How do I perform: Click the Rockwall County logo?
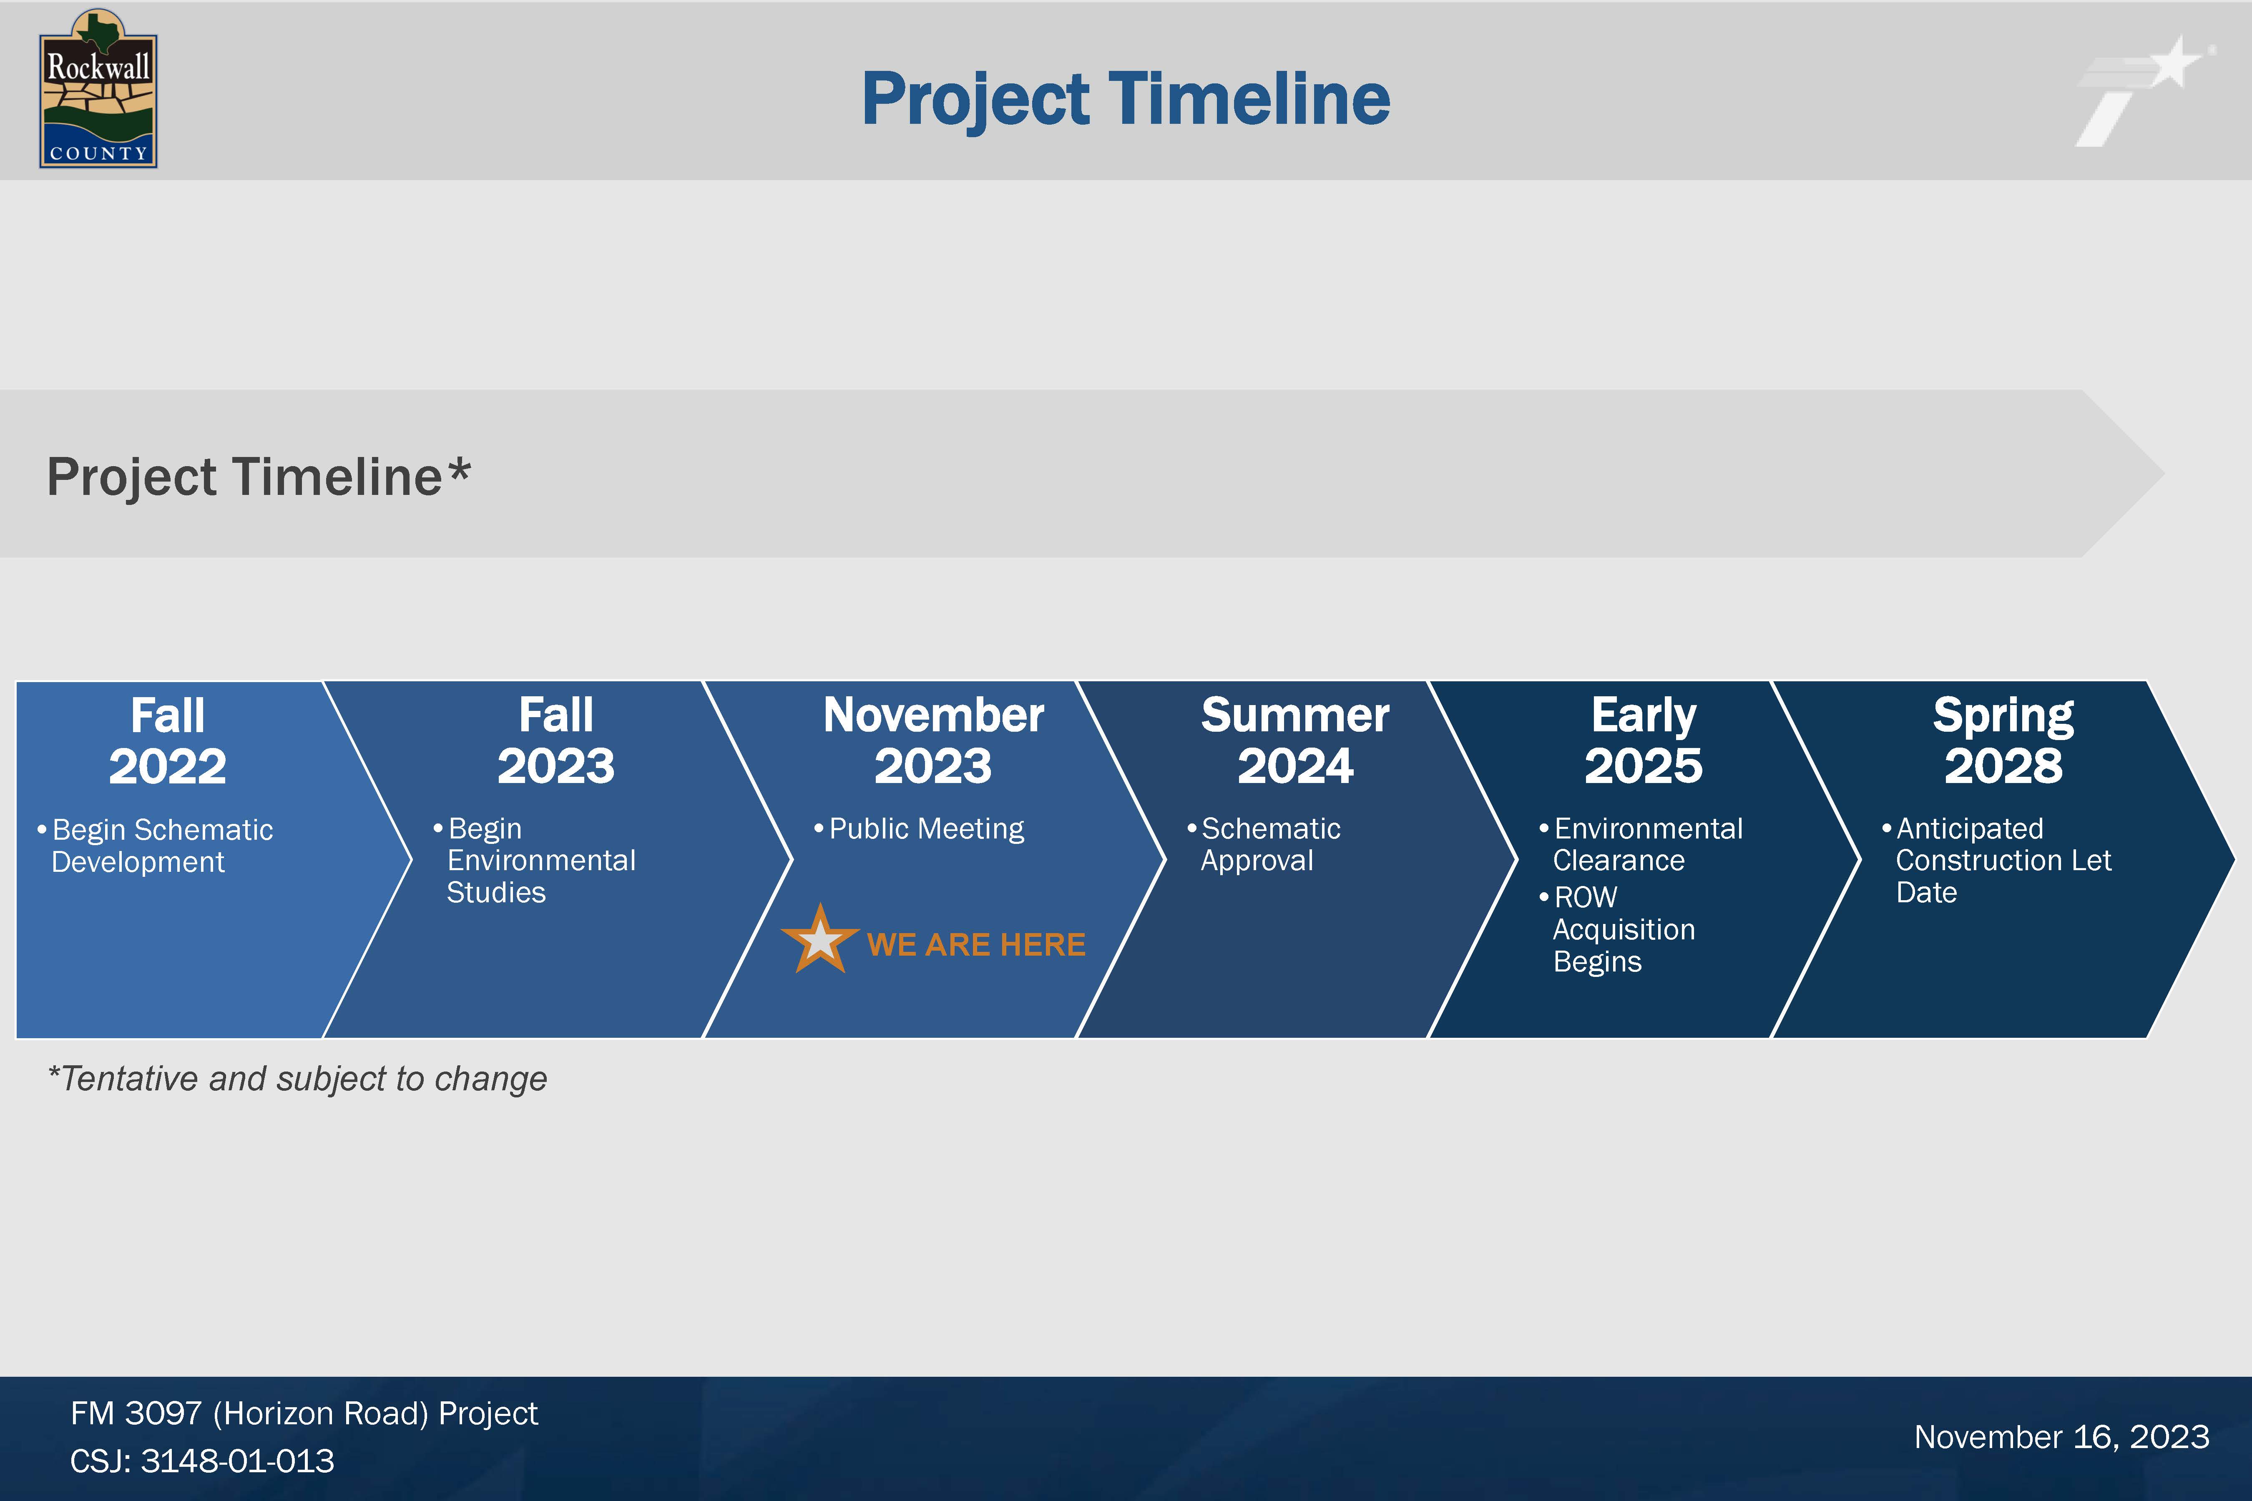98,89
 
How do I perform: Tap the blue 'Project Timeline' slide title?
1126,100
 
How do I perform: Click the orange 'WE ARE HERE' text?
976,945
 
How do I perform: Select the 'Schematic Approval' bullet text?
1264,844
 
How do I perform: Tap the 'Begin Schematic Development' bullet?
155,845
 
